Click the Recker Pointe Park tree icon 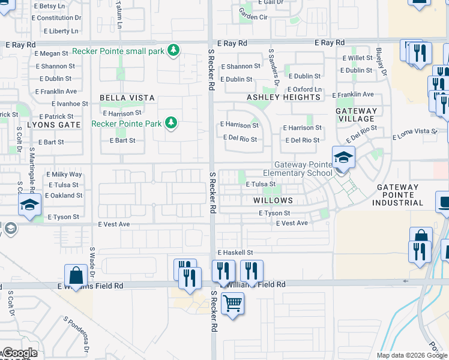click(x=171, y=123)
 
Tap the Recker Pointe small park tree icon click(x=173, y=50)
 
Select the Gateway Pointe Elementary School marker click(x=343, y=158)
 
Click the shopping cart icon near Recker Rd click(x=232, y=302)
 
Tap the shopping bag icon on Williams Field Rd click(x=77, y=277)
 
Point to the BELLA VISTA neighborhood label click(x=127, y=98)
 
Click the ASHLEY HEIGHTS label click(x=284, y=97)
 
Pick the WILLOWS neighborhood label click(x=273, y=200)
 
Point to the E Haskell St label click(x=235, y=253)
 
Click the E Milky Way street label click(x=64, y=175)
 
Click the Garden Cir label click(x=253, y=17)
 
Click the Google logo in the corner click(x=20, y=353)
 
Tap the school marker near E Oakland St click(x=29, y=204)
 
